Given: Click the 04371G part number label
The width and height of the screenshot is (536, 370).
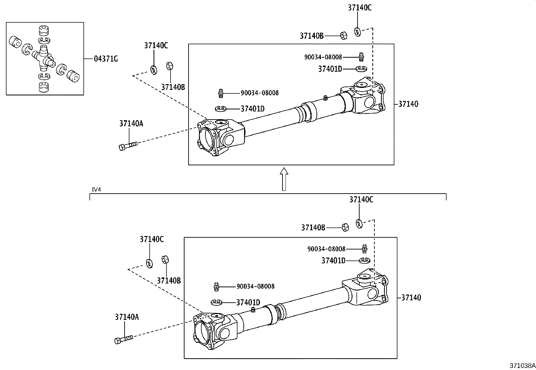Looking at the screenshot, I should [106, 59].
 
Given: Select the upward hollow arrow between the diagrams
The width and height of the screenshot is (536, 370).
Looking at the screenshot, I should [284, 179].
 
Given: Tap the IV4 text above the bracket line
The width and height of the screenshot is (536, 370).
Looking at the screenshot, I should [96, 190].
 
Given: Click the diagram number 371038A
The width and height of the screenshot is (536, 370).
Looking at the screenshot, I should [522, 365].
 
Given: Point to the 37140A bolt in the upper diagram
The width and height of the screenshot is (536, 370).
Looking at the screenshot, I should [128, 146].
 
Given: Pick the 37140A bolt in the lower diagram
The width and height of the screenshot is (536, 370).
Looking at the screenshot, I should [124, 339].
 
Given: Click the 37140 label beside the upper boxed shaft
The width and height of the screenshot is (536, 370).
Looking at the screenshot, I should [408, 104].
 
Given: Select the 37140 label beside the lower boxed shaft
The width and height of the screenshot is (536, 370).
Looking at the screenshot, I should [411, 298].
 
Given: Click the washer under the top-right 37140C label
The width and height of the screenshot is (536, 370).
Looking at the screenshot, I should [357, 32].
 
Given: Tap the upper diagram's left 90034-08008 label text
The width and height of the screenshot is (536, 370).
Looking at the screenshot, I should [259, 93].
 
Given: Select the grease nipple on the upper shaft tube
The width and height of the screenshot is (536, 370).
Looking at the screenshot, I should [325, 98].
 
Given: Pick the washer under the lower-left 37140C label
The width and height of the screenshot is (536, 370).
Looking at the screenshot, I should [149, 263].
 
